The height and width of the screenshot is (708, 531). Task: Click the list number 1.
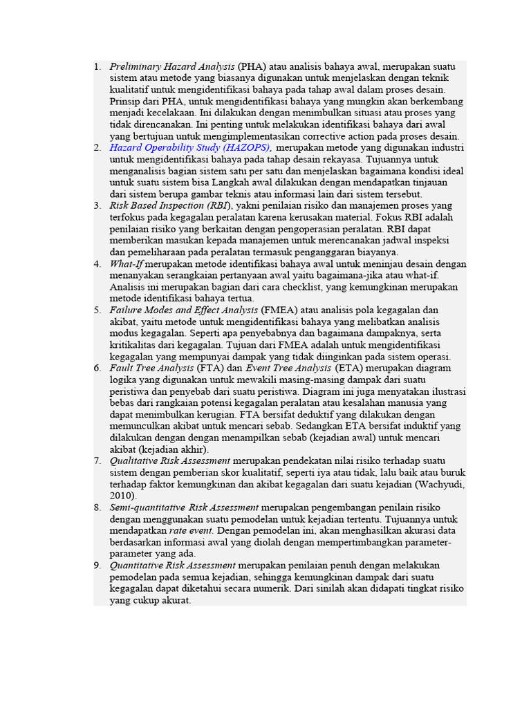97,66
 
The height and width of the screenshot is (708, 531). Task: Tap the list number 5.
97,310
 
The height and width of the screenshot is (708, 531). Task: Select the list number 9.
97,565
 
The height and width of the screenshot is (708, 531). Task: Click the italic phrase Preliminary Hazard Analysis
172,66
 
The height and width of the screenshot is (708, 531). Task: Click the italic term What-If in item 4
126,263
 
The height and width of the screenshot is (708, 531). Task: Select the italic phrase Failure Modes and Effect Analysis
183,310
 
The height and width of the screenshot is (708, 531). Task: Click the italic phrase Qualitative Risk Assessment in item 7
169,460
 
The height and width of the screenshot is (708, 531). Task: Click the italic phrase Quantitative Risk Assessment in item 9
172,565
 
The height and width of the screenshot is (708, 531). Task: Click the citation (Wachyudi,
440,484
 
